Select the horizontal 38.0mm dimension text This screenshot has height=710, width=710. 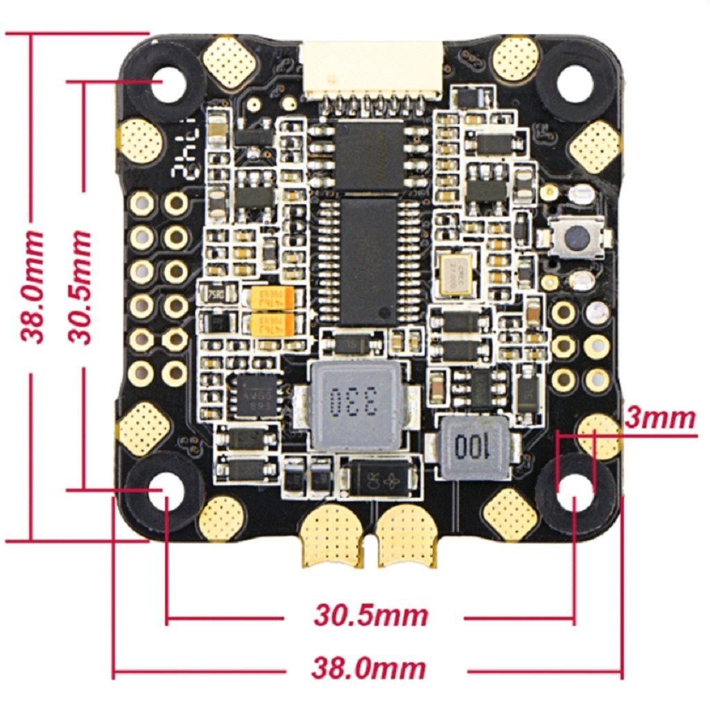pos(368,669)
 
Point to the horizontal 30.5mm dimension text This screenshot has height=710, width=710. pos(371,614)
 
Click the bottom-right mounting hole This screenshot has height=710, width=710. pos(574,491)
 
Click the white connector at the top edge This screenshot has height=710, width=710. pos(371,69)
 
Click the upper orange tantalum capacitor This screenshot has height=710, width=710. pos(273,300)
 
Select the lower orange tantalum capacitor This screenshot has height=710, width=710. pos(273,324)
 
